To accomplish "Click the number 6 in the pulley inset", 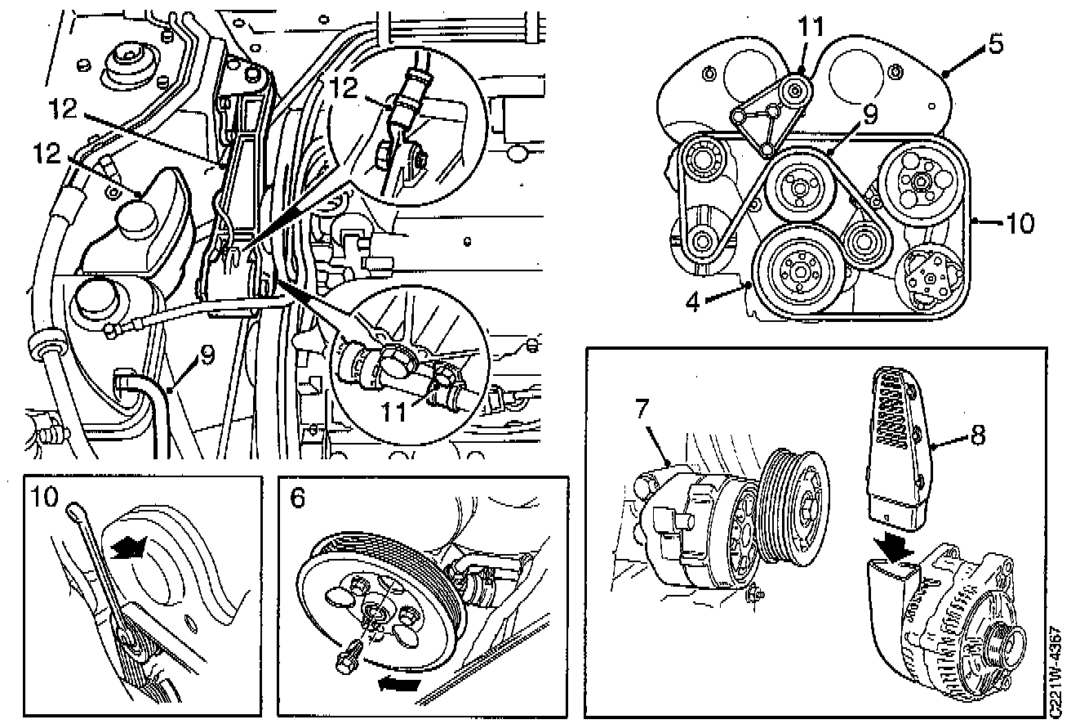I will [296, 497].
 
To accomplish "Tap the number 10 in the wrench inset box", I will [45, 497].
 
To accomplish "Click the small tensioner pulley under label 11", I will [794, 90].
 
